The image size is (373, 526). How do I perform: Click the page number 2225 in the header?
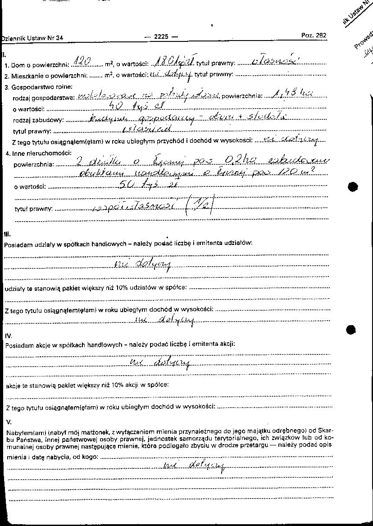[161, 37]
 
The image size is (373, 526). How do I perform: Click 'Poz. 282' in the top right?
[314, 36]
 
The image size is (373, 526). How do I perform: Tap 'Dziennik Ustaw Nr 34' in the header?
[32, 39]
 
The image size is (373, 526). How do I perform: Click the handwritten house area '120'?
[82, 60]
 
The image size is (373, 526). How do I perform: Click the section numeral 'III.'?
[7, 235]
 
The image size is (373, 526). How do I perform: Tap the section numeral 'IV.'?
[9, 336]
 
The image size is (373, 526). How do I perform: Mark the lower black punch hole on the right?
[352, 330]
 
